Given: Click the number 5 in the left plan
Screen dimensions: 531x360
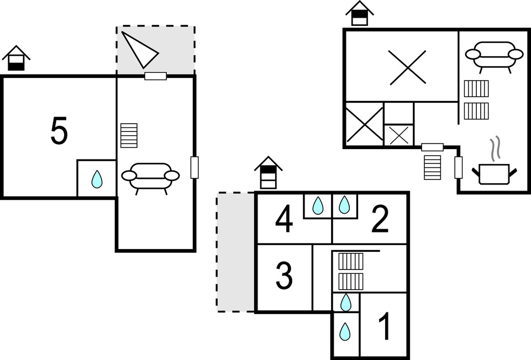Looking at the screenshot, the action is point(59,130).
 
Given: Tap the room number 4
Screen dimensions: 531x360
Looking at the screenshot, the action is point(284,220).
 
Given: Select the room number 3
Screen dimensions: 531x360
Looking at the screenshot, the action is point(284,276).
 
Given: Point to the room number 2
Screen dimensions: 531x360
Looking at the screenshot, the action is point(380,220).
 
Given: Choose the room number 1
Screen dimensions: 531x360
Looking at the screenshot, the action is point(385,326).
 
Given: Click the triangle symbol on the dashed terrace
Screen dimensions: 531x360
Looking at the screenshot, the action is point(139,49).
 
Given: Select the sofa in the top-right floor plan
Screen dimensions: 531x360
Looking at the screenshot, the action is point(494,57).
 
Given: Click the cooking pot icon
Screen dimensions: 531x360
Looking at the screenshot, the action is point(495,174).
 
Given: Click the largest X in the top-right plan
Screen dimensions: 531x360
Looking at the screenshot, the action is point(407,67).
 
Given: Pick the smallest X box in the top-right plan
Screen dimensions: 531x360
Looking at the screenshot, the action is point(399,135).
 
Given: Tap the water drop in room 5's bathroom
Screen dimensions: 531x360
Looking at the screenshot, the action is point(97,179).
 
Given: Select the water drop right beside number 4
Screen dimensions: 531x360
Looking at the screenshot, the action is point(318,205).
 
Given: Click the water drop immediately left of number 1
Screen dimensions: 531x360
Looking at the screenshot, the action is point(345,332).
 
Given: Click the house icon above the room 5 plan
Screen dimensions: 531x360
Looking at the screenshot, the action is point(16,58).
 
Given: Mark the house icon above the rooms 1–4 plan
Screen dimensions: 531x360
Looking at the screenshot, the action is point(268,172).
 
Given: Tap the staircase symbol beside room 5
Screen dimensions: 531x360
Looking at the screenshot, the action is point(129,135).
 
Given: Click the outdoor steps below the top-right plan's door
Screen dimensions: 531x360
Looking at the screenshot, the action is point(433,167).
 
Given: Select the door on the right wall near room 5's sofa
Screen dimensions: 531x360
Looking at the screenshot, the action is point(194,167).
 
